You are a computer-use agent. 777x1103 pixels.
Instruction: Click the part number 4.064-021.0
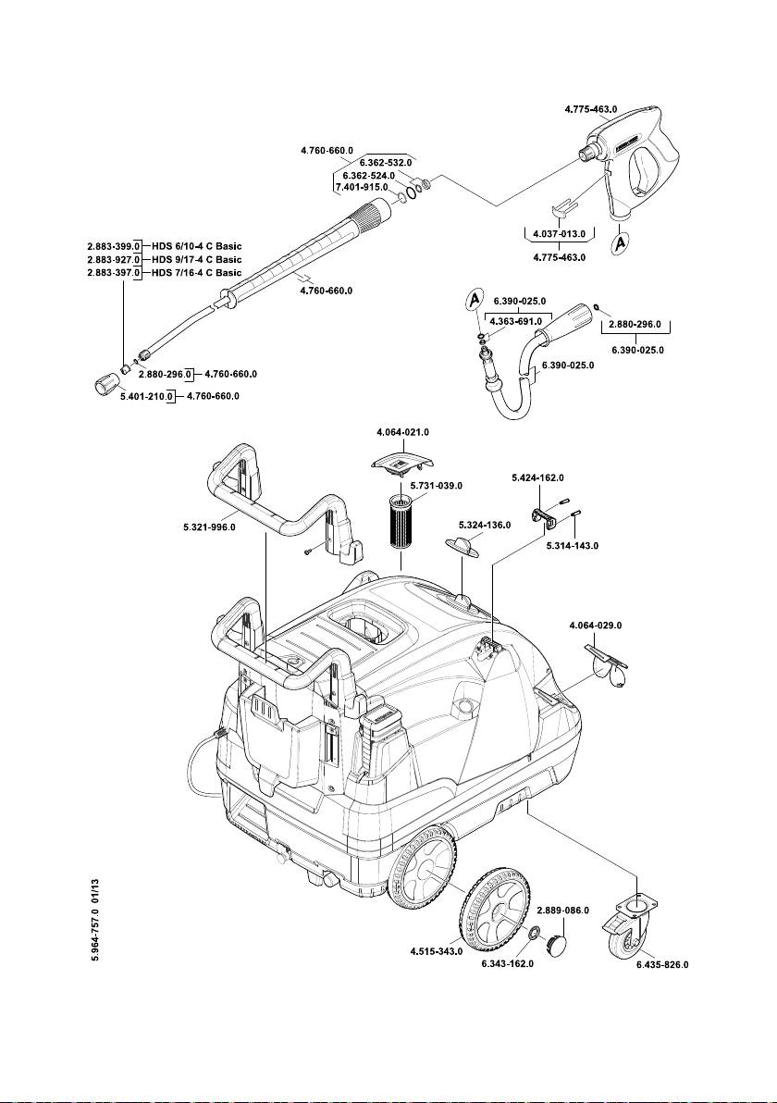(402, 432)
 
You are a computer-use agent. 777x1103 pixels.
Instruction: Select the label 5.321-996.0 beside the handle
(209, 527)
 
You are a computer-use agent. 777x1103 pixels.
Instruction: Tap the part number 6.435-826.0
(662, 964)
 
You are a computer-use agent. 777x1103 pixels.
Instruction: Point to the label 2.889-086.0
(563, 911)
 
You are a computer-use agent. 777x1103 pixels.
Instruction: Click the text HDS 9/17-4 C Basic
(197, 260)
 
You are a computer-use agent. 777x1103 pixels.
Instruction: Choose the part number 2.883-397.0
(113, 273)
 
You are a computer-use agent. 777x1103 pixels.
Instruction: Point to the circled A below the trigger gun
(620, 242)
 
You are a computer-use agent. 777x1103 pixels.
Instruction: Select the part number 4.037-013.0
(559, 233)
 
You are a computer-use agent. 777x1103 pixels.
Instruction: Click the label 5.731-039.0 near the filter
(436, 486)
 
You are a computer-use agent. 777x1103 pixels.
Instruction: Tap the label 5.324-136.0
(485, 525)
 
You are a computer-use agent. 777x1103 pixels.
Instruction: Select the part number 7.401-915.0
(362, 186)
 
